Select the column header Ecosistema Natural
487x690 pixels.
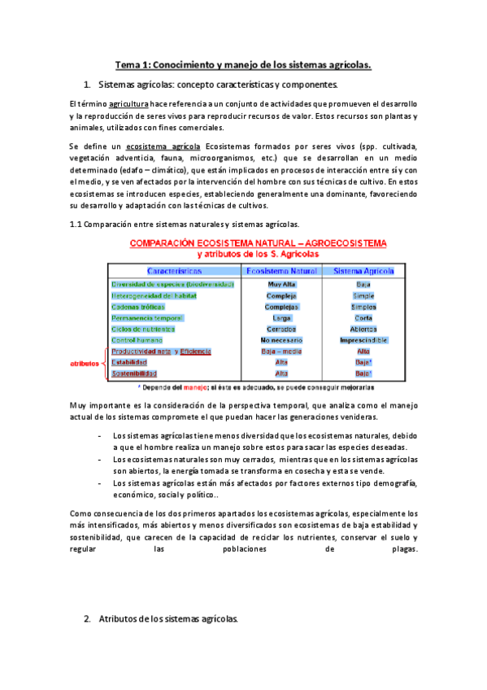[281, 270]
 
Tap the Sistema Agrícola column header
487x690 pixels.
[363, 270]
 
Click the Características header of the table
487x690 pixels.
[175, 270]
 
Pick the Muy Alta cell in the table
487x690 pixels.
[281, 284]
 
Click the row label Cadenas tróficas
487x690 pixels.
[137, 307]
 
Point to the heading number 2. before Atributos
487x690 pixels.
[88, 619]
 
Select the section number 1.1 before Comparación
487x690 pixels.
[77, 224]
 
